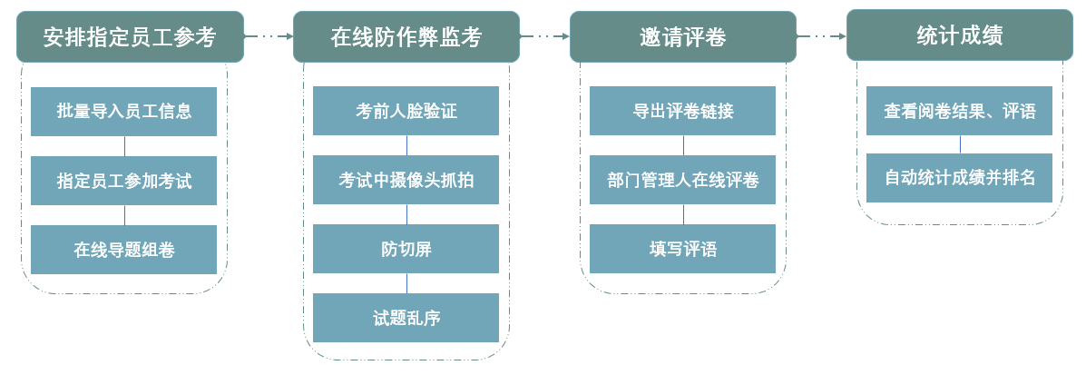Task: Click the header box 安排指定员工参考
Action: click(x=130, y=36)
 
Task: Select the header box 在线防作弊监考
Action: click(x=406, y=36)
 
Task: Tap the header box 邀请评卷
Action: click(x=682, y=36)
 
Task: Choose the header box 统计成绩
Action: click(x=959, y=35)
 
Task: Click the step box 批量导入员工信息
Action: click(x=124, y=112)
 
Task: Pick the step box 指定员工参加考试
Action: click(x=124, y=181)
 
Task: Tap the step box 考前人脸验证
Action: click(x=406, y=111)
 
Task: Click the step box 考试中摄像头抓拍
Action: click(x=406, y=180)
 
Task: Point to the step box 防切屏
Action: click(x=406, y=249)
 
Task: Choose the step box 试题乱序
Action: click(x=406, y=318)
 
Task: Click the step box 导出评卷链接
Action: click(x=682, y=111)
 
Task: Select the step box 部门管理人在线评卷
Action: click(x=682, y=180)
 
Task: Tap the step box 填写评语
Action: click(x=682, y=249)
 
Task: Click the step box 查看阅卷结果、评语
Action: click(x=959, y=111)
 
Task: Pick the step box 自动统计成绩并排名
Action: click(x=959, y=178)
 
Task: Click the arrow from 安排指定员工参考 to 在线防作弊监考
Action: click(x=269, y=36)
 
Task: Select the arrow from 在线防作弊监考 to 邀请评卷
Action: click(x=544, y=36)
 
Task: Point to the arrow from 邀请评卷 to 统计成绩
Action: click(x=821, y=36)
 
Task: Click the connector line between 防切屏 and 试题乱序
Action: click(x=406, y=283)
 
